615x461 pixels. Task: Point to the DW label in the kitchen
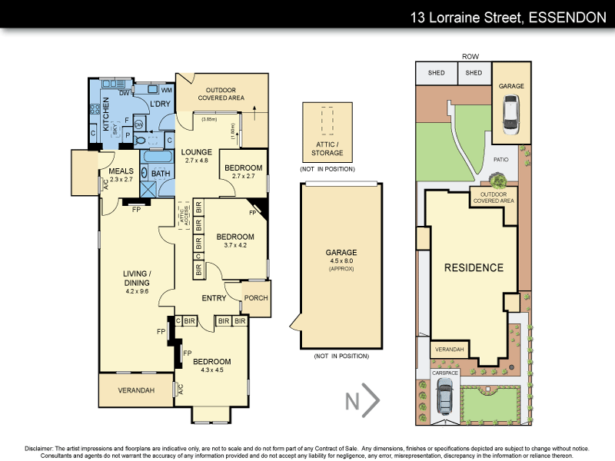pyautogui.click(x=123, y=94)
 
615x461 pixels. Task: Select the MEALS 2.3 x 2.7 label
pyautogui.click(x=121, y=174)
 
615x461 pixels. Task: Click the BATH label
pyautogui.click(x=160, y=174)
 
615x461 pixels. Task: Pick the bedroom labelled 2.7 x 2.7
pyautogui.click(x=242, y=171)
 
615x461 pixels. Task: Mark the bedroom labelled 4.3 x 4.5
pyautogui.click(x=211, y=366)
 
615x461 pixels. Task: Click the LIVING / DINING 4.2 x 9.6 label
pyautogui.click(x=137, y=277)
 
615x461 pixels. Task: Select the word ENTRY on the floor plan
pyautogui.click(x=214, y=298)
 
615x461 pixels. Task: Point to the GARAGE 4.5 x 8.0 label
pyautogui.click(x=341, y=257)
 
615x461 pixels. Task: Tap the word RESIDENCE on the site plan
pyautogui.click(x=473, y=268)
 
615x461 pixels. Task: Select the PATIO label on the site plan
pyautogui.click(x=500, y=159)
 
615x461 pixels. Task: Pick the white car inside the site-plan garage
pyautogui.click(x=512, y=117)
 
